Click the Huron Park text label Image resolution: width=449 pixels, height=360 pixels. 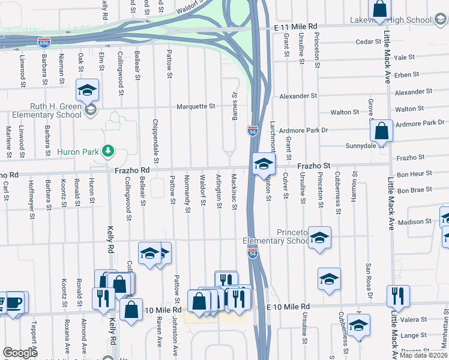tap(77, 152)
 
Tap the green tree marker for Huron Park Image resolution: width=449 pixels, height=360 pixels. tap(108, 151)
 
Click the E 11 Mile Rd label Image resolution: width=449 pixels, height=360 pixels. tap(295, 28)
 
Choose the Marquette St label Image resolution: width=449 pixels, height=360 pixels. tap(196, 107)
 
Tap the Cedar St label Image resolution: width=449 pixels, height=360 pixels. tap(369, 42)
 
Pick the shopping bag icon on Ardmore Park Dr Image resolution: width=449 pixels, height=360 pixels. tap(381, 130)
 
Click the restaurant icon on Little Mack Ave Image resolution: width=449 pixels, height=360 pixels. tap(398, 295)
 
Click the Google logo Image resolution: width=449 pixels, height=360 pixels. tap(20, 353)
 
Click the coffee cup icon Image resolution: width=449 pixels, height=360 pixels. tap(14, 302)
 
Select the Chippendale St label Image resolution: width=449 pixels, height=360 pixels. tap(155, 136)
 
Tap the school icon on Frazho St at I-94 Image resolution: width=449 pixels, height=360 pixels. tap(264, 163)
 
